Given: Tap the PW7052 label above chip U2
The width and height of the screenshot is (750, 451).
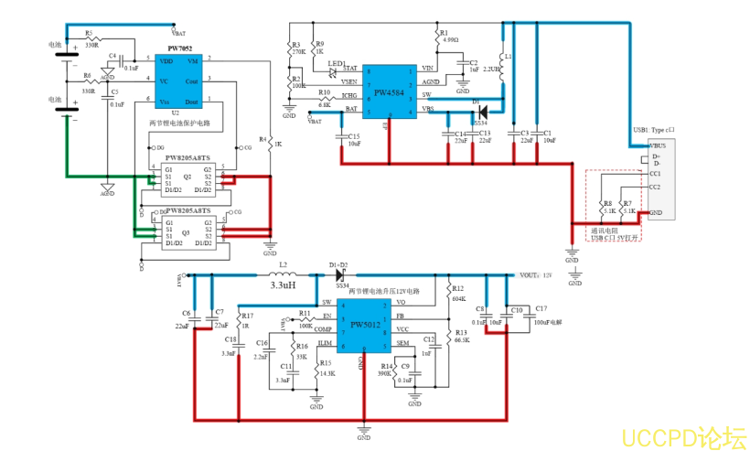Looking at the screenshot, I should [178, 48].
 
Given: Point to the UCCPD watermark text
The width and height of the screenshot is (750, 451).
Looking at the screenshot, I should [683, 436].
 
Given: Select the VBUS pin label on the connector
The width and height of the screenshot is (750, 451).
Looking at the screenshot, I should [657, 145].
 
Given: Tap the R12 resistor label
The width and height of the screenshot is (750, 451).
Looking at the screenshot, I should [457, 288].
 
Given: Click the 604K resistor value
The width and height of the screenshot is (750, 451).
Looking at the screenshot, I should [458, 298].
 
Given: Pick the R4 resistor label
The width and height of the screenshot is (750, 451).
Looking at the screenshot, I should [263, 140].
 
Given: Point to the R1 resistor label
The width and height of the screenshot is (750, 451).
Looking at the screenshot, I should [445, 31].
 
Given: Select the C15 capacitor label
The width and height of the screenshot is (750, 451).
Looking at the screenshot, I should [354, 135].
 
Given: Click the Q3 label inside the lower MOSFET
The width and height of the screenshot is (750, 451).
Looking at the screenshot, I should [186, 232].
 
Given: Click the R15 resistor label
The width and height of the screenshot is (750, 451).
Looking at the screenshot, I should [325, 363].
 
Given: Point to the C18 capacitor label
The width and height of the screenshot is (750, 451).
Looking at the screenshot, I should [230, 339].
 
